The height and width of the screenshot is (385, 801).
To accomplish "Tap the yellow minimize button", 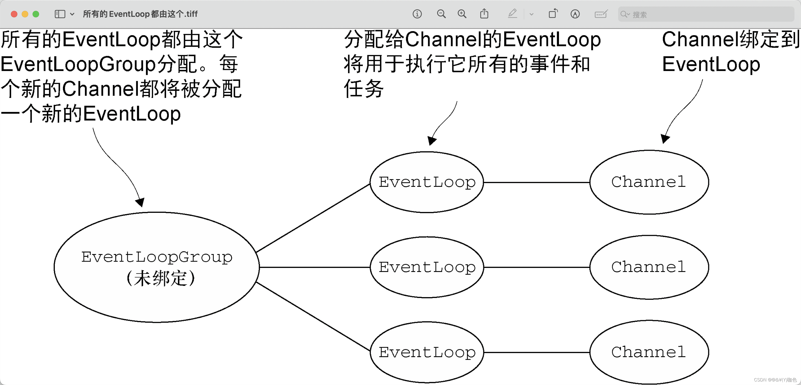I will point(25,14).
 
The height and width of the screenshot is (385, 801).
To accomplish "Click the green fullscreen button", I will point(36,14).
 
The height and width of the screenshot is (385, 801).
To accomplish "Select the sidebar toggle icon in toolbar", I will point(60,14).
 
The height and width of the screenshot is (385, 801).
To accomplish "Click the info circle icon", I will point(417,14).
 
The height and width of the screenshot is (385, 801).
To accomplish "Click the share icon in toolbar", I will point(484,14).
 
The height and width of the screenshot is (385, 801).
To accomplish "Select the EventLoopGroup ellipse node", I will point(156,267).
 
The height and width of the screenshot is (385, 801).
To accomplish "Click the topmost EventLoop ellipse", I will point(427,182).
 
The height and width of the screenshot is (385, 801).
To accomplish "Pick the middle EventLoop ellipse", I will point(427,267).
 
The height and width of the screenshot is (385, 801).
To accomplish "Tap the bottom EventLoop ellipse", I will point(427,352).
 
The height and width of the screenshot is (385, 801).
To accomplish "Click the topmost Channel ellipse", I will point(649,182).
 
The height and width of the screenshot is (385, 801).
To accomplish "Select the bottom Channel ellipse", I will point(649,352).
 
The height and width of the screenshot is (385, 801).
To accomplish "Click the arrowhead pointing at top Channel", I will point(665,139).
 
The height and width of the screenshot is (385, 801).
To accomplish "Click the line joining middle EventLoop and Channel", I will point(537,267).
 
